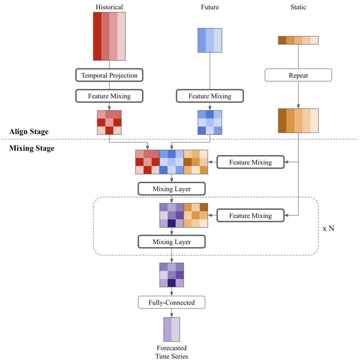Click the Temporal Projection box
pos(109,75)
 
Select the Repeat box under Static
pos(298,75)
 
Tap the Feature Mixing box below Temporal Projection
pos(109,96)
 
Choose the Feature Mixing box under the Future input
pos(210,96)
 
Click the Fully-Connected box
pos(171,302)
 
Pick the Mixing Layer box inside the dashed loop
pos(171,242)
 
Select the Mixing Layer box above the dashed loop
pos(171,189)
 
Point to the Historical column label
pos(109,7)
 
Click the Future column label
pos(210,7)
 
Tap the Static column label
pos(298,7)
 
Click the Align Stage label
pos(28,132)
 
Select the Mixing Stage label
pos(32,148)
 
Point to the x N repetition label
pos(328,228)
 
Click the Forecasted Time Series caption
pos(172,352)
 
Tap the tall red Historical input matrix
pos(109,36)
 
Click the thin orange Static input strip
pos(298,40)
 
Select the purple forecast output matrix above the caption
pos(172,329)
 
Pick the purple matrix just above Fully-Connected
pos(172,275)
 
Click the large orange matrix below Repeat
pos(298,121)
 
